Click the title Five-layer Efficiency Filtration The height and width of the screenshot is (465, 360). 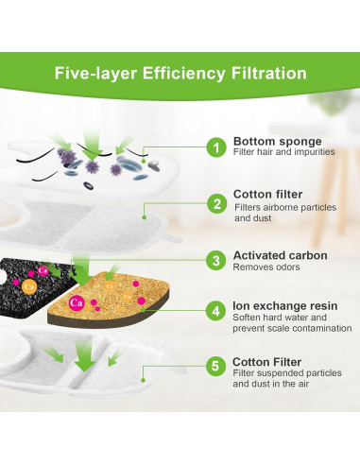click(180, 73)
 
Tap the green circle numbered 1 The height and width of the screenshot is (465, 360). click(214, 147)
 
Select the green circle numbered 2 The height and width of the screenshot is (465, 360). click(214, 203)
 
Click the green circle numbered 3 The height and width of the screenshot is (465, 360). click(214, 259)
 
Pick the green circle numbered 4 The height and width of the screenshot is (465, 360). click(214, 311)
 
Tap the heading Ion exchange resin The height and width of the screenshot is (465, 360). click(286, 306)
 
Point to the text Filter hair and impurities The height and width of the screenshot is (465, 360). click(288, 155)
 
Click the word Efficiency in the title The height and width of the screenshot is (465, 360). click(180, 73)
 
